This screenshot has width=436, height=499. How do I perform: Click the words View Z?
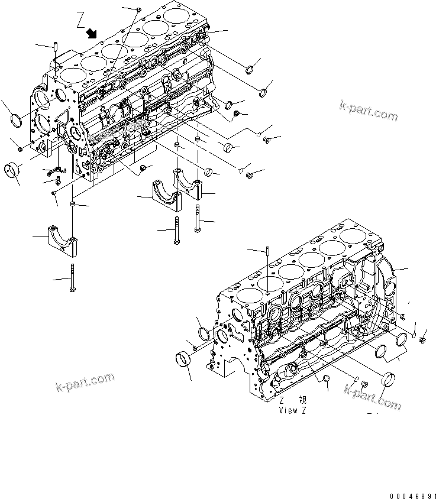293,410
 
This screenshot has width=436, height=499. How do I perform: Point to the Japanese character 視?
302,400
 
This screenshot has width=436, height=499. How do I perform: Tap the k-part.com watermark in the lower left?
85,382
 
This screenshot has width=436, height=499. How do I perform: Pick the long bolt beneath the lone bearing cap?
71,278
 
